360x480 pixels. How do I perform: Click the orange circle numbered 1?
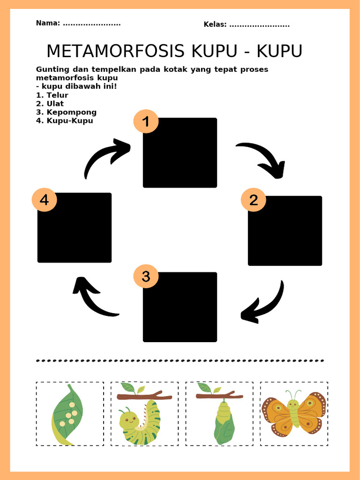click(146, 122)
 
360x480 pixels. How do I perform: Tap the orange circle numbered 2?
click(254, 200)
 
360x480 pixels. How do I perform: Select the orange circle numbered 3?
click(146, 277)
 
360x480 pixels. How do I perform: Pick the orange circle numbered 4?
click(44, 200)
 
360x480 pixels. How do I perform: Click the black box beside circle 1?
click(180, 153)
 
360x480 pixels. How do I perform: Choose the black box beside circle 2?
click(285, 231)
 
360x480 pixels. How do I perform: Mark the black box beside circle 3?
click(180, 307)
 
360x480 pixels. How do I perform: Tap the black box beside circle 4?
click(75, 227)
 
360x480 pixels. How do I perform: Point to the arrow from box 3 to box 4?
click(93, 297)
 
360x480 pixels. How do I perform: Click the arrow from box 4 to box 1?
click(105, 157)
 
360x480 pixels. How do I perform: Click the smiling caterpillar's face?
click(128, 420)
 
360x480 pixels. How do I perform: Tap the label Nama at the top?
click(48, 23)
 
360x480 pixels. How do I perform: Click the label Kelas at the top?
click(215, 24)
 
